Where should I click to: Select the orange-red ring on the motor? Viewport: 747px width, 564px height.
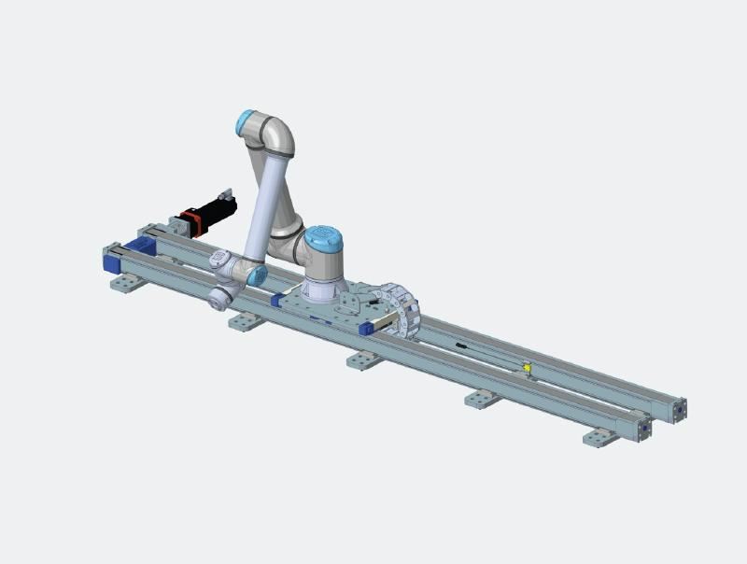click(x=191, y=222)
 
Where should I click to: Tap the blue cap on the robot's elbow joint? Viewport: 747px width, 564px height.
click(x=246, y=122)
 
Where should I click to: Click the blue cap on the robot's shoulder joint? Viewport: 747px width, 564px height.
click(x=323, y=240)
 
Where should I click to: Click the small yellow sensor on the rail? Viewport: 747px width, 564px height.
click(x=527, y=369)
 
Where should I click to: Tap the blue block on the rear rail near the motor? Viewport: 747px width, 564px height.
click(x=143, y=246)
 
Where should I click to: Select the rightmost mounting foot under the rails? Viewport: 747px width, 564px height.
click(x=599, y=437)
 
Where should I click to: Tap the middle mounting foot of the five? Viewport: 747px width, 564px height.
click(x=363, y=360)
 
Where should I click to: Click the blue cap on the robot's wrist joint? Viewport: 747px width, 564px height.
click(x=257, y=275)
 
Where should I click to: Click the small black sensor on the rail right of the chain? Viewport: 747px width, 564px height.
click(x=462, y=345)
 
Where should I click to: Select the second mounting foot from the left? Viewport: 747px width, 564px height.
click(x=245, y=321)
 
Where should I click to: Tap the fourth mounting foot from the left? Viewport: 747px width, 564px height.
click(x=482, y=399)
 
